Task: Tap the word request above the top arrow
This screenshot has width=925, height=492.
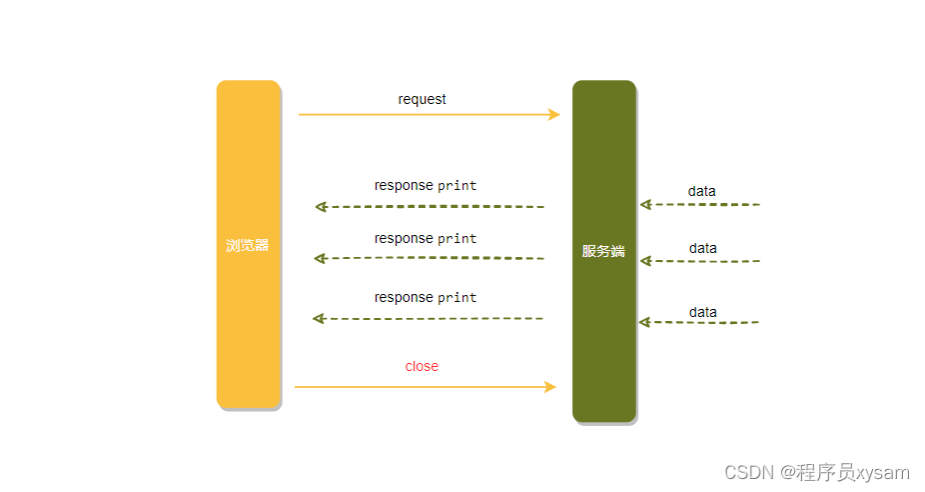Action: (422, 99)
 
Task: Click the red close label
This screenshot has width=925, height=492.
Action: (422, 366)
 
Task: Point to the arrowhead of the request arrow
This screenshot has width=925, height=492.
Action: (554, 114)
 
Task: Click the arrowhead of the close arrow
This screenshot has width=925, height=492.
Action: (549, 386)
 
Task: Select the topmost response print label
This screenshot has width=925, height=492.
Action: (426, 185)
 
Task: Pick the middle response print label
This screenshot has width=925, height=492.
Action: (426, 238)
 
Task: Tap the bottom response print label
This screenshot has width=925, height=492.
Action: (426, 297)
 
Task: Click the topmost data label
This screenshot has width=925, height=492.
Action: (701, 191)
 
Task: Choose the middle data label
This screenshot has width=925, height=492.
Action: (702, 248)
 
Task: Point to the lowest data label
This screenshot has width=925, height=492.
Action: (702, 312)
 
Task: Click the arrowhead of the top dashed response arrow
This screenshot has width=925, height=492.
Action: (321, 207)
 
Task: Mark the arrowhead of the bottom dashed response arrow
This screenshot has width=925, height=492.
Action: (319, 318)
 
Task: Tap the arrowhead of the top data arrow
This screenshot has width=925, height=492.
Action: (645, 204)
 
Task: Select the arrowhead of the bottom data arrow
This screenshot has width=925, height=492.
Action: (644, 322)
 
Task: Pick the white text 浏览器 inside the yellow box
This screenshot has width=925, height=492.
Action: (248, 245)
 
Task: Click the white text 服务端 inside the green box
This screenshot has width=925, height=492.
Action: (603, 251)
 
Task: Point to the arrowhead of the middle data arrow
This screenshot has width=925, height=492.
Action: (645, 261)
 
